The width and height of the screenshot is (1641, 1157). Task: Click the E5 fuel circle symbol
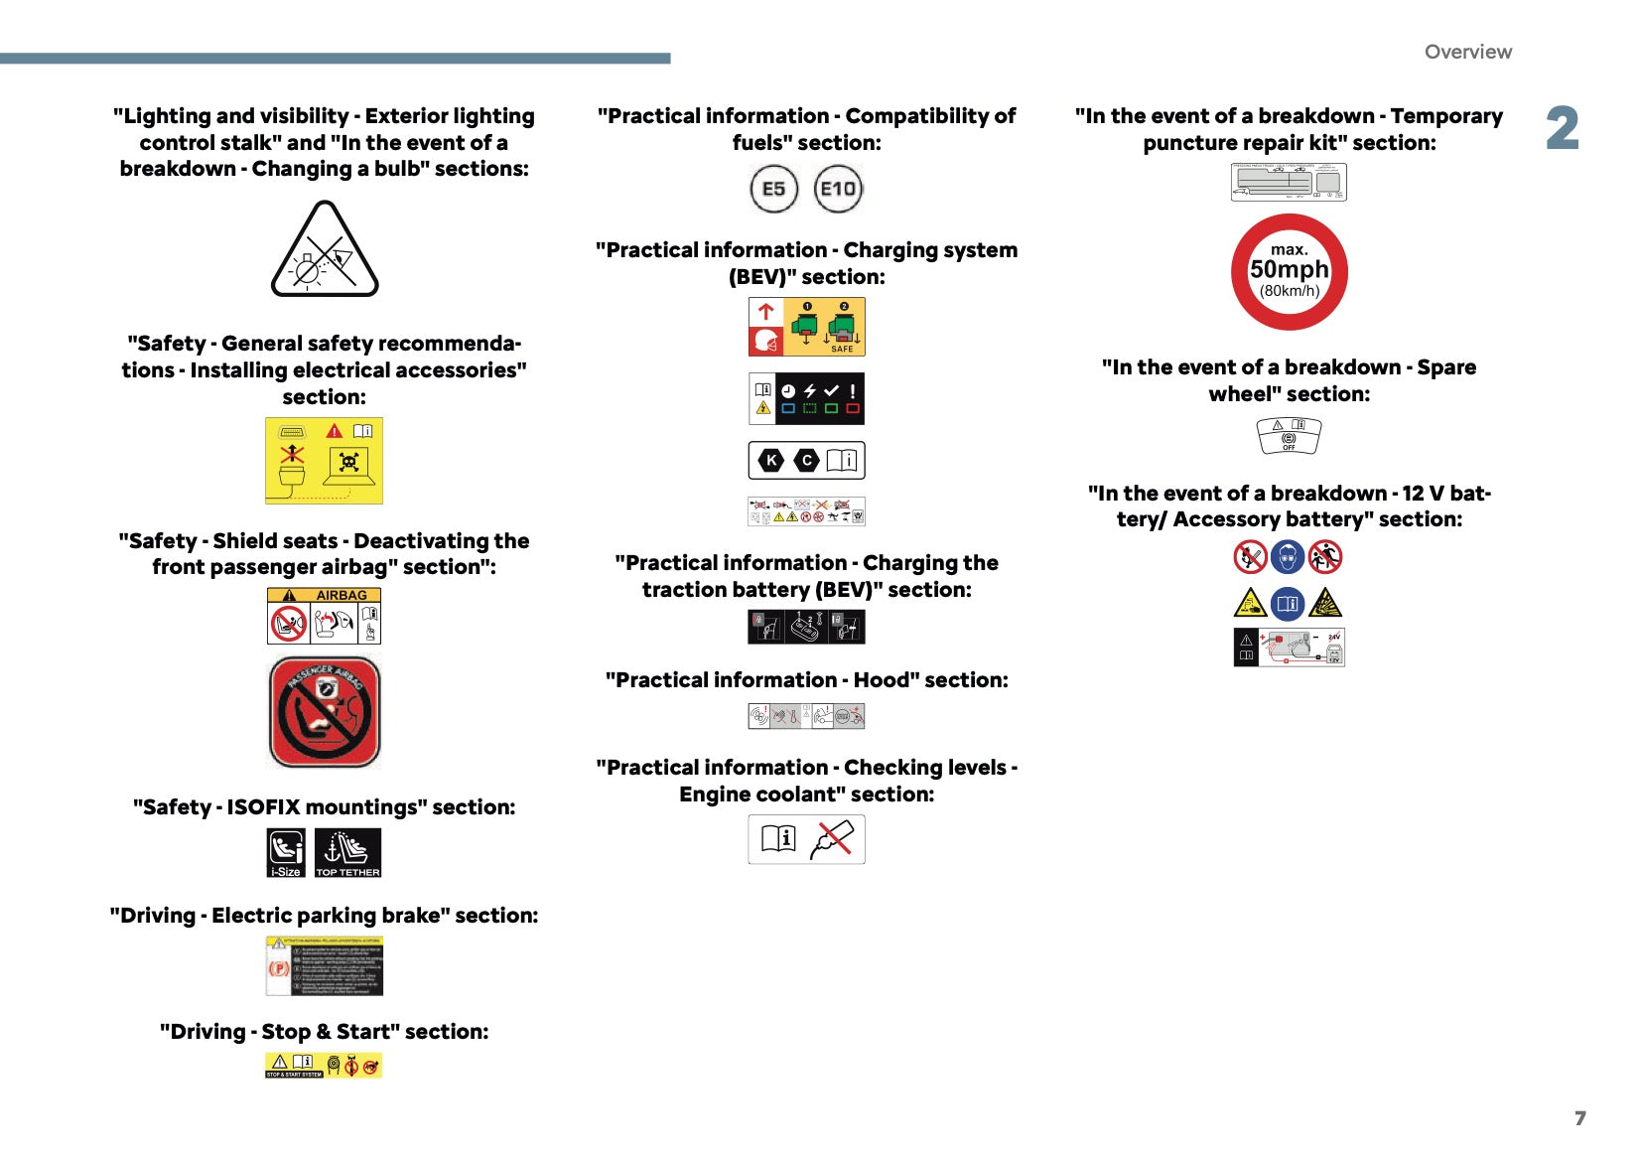tap(773, 189)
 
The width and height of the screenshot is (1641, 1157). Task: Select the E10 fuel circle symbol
tap(838, 189)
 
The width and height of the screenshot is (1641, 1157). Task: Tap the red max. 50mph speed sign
tap(1289, 271)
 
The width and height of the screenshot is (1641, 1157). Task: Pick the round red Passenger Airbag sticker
tap(325, 712)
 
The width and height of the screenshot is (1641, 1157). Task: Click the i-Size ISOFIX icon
tap(286, 852)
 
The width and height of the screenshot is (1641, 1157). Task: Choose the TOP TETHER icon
tap(347, 852)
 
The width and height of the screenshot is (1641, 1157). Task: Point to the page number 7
tap(1579, 1118)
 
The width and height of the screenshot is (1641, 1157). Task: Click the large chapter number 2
tap(1562, 129)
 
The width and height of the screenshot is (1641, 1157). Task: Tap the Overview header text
tap(1467, 52)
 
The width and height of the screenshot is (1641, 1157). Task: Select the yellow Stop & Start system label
tap(324, 1066)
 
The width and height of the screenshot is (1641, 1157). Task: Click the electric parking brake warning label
tap(324, 966)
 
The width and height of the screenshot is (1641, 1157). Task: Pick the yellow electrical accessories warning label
tap(324, 460)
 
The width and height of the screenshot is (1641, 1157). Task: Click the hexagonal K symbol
tap(771, 460)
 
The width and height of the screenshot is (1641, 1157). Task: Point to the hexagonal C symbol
tap(807, 460)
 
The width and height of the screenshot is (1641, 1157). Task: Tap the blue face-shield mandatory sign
tap(1288, 557)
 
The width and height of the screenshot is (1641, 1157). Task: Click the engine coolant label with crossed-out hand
tap(806, 839)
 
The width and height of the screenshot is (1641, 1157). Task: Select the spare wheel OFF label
tap(1289, 436)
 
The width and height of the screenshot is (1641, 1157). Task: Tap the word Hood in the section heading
tap(881, 680)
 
